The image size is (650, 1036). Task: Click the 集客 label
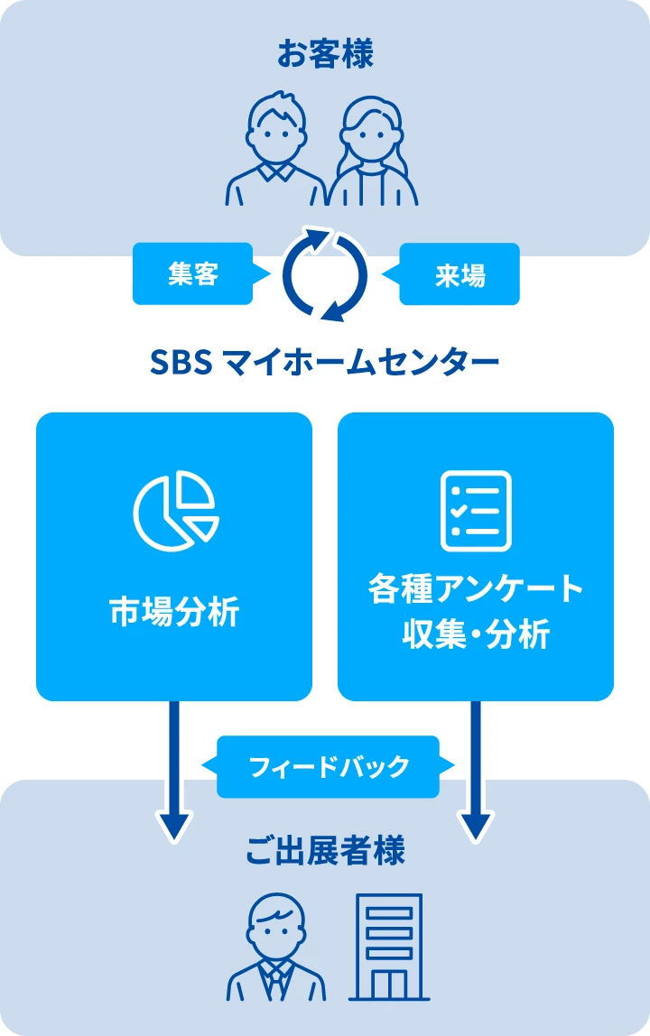click(x=193, y=274)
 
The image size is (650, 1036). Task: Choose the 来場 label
click(x=460, y=274)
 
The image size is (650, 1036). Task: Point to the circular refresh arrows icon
click(x=325, y=273)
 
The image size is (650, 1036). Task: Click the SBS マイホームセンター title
click(x=324, y=363)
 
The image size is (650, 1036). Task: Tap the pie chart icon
click(x=175, y=510)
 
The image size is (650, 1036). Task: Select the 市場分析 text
click(x=174, y=612)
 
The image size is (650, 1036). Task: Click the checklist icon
click(x=476, y=511)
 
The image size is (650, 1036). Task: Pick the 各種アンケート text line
click(x=476, y=589)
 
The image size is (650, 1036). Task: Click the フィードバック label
click(x=328, y=768)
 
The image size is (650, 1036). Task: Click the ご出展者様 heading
click(x=325, y=850)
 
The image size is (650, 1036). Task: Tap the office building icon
click(x=388, y=948)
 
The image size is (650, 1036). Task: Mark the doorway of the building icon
click(x=388, y=985)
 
